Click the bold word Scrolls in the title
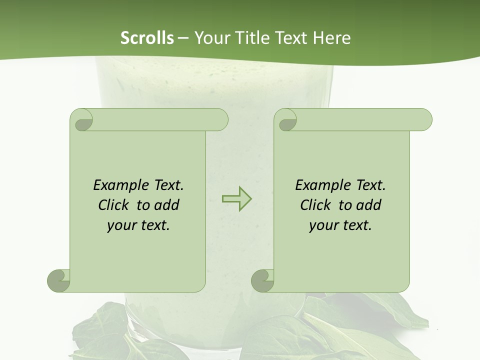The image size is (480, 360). click(x=147, y=38)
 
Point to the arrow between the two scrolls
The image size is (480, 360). click(x=236, y=199)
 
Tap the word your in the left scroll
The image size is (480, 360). click(x=121, y=225)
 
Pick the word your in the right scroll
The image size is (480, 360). click(x=323, y=225)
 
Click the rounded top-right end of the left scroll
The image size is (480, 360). click(x=220, y=120)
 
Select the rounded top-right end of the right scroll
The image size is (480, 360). click(x=424, y=120)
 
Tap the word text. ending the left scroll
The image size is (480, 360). click(x=153, y=225)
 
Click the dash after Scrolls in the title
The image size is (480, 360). click(x=183, y=38)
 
